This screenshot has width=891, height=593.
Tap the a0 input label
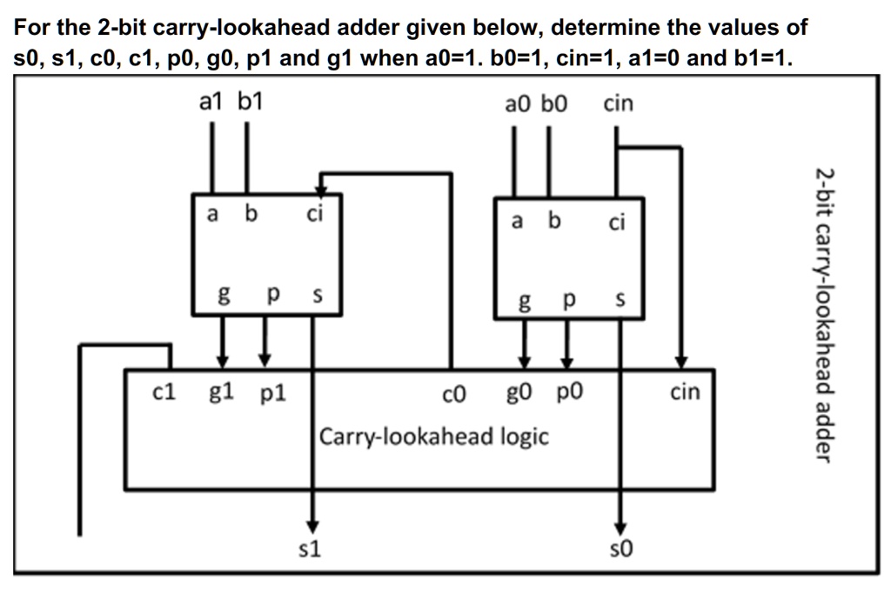click(517, 105)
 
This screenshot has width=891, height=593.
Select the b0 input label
click(553, 105)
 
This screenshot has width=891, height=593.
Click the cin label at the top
click(618, 105)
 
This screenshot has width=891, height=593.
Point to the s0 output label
click(621, 550)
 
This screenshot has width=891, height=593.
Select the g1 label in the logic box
click(221, 393)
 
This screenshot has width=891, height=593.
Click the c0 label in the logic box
click(454, 396)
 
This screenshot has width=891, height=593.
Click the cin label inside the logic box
click(685, 392)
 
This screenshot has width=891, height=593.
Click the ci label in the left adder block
click(314, 213)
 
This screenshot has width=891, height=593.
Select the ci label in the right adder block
click(616, 223)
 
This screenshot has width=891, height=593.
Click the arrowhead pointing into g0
click(524, 360)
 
